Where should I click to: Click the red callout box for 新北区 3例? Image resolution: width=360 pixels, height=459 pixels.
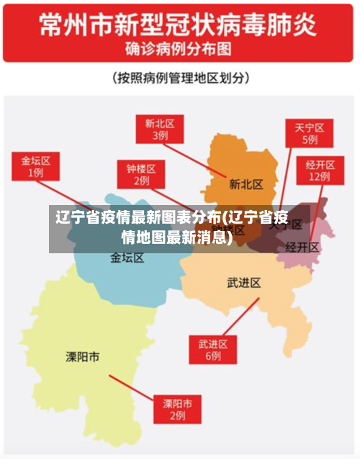pyautogui.click(x=160, y=129)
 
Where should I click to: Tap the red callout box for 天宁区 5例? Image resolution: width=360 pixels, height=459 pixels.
pyautogui.click(x=310, y=134)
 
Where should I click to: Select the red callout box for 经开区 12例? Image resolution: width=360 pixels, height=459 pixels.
pyautogui.click(x=319, y=169)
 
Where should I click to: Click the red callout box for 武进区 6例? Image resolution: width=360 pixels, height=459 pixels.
pyautogui.click(x=213, y=349)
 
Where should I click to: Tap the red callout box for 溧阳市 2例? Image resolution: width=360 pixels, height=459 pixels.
pyautogui.click(x=177, y=409)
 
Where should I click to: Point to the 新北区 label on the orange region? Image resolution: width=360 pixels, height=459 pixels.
pyautogui.click(x=246, y=184)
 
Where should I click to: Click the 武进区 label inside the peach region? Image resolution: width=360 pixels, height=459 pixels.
pyautogui.click(x=243, y=283)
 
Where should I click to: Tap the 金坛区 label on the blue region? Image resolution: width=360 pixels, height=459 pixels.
pyautogui.click(x=127, y=258)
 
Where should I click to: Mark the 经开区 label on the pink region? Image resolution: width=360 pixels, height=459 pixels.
pyautogui.click(x=302, y=247)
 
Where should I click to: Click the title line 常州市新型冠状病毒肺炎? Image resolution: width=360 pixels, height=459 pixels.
pyautogui.click(x=178, y=27)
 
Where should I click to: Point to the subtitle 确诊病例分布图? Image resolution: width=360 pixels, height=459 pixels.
pyautogui.click(x=178, y=50)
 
